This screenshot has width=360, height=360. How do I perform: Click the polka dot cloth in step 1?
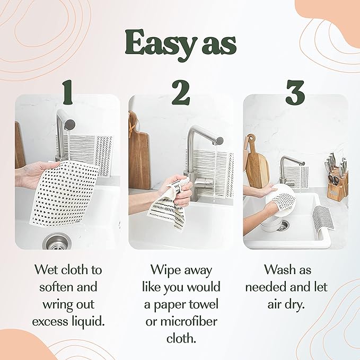pos(66,191)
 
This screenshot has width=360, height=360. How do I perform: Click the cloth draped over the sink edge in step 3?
pos(322,220)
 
